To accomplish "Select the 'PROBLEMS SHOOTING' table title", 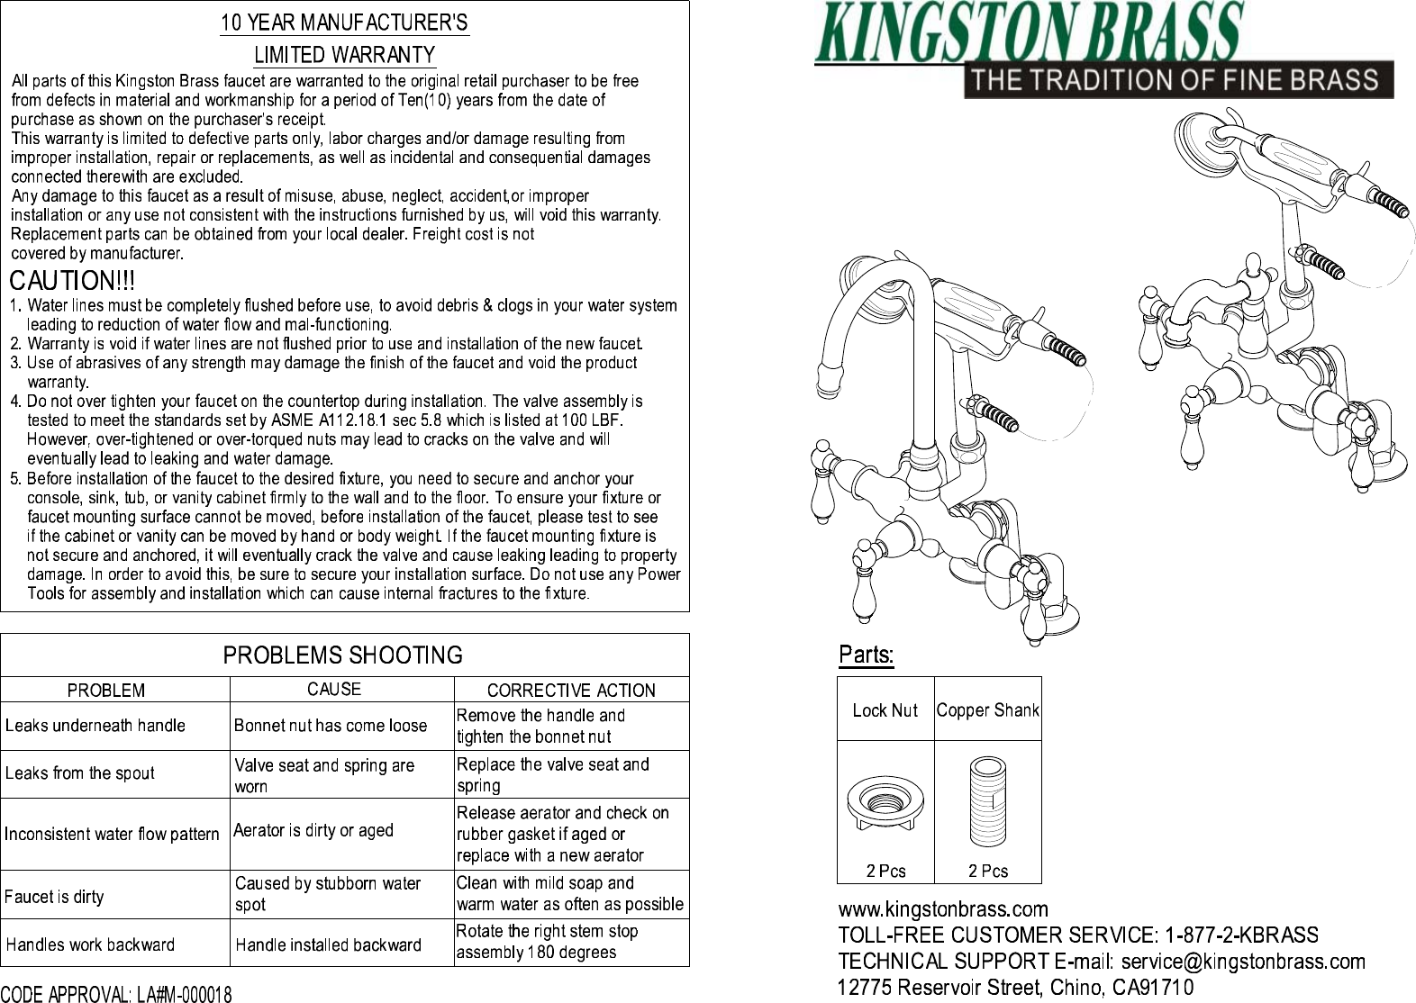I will (342, 655).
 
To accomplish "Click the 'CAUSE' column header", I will (334, 690).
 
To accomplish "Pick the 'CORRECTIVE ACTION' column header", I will (571, 691).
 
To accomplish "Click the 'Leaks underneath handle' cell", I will (95, 726).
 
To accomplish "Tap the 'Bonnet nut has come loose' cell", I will (331, 726).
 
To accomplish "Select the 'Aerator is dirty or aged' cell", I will (313, 830).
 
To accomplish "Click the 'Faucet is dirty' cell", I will (54, 897).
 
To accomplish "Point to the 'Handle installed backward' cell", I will (328, 944).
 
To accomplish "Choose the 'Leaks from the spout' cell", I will (80, 773).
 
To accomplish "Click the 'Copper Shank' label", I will (987, 710).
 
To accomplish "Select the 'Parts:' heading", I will (866, 655).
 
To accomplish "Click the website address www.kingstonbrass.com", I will (943, 909).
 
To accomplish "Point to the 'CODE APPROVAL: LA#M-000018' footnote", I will (116, 994).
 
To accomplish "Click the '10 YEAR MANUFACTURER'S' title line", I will (345, 23).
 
